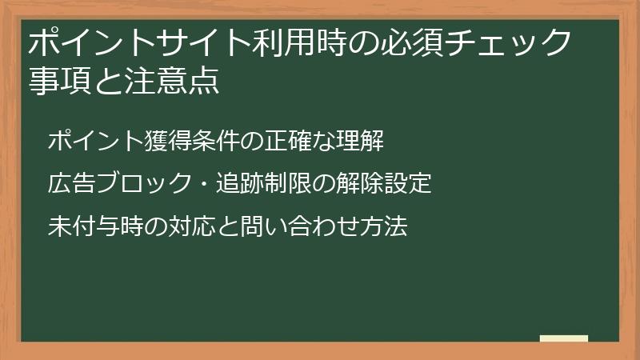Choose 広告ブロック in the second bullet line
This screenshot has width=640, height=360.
114,184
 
